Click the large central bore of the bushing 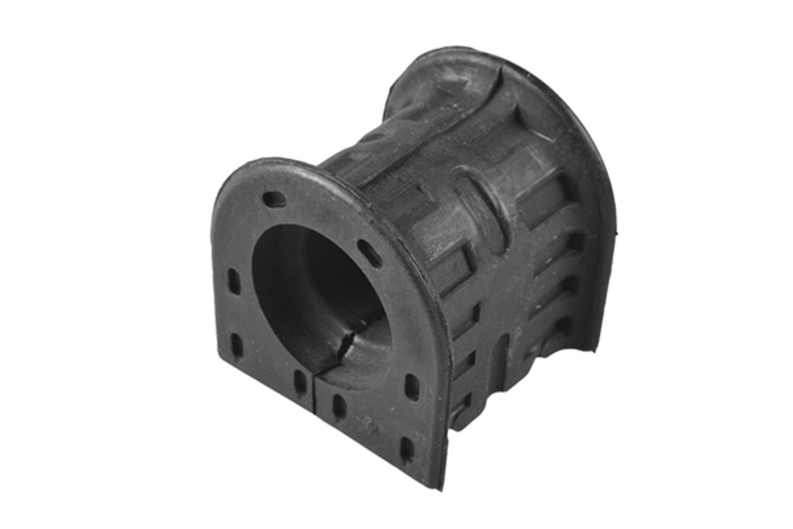pos(317,293)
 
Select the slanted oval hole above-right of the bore pos(369,248)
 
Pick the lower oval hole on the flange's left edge pos(236,346)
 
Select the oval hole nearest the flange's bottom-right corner pos(406,449)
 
